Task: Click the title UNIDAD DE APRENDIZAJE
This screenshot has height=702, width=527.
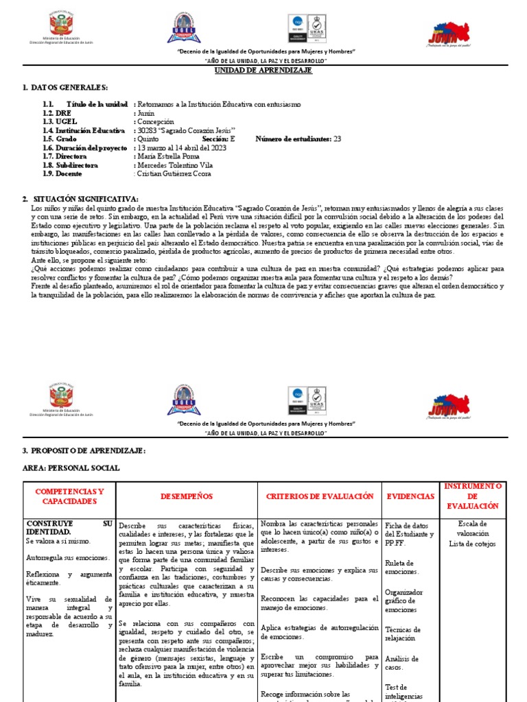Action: point(263,71)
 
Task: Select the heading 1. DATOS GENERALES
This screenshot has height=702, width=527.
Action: point(65,88)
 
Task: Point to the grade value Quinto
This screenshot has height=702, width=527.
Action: point(148,138)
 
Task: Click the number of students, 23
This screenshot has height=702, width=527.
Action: point(337,138)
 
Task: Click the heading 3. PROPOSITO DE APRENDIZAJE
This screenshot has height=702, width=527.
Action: point(84,450)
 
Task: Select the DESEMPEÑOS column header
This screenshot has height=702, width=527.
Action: point(187,496)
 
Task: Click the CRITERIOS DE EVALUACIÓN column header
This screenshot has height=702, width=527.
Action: point(319,496)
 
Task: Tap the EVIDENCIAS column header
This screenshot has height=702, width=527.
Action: point(410,496)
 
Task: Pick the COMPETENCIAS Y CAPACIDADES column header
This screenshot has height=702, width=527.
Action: point(69,496)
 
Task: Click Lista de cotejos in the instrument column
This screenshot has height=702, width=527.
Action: point(473,544)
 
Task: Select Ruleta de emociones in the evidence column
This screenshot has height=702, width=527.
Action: point(402,567)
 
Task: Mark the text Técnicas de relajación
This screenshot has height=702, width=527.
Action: point(403,633)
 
